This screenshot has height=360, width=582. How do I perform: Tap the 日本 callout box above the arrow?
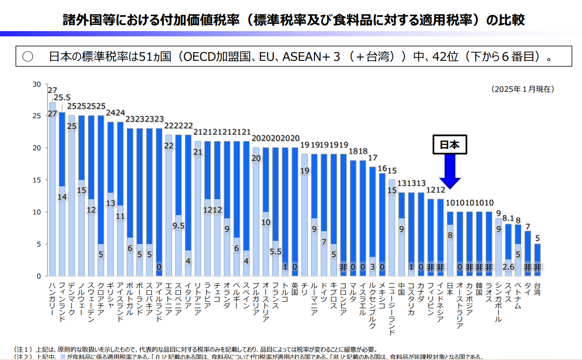(449, 145)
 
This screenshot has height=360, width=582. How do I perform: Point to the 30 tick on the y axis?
(36, 84)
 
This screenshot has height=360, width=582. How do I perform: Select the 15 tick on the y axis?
(36, 180)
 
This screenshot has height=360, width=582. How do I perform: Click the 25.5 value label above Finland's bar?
(62, 98)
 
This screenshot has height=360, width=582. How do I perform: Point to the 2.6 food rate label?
(508, 267)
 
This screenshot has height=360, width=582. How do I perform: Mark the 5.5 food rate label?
(275, 250)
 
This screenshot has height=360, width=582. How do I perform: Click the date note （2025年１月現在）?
(522, 89)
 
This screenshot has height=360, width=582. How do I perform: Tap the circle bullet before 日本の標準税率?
(28, 56)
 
